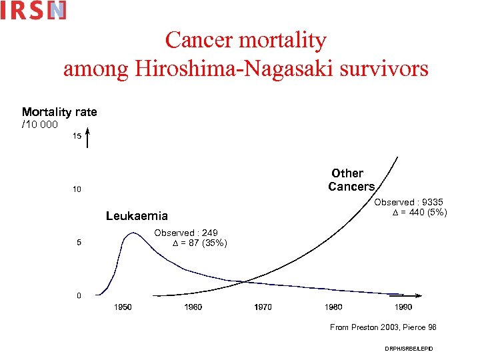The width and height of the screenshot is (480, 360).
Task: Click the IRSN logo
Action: (33, 10)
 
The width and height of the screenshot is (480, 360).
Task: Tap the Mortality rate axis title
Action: (59, 112)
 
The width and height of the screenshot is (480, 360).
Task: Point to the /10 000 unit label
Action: (40, 124)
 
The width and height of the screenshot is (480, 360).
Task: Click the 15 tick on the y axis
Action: (77, 136)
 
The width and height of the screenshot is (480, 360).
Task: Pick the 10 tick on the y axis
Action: (77, 189)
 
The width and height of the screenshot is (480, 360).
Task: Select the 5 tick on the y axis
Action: (79, 243)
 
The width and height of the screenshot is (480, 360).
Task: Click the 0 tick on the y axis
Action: (79, 295)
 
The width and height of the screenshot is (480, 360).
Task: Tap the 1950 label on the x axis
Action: (123, 307)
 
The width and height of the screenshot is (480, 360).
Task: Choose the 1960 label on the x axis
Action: (193, 307)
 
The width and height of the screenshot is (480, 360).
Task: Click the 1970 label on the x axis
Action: (263, 307)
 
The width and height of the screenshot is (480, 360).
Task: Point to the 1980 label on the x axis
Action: (333, 307)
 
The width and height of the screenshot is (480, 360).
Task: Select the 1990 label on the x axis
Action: (403, 307)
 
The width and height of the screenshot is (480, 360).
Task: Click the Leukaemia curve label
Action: (137, 216)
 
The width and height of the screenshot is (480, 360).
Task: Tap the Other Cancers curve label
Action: (351, 180)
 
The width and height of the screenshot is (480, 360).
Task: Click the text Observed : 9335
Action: (408, 202)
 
